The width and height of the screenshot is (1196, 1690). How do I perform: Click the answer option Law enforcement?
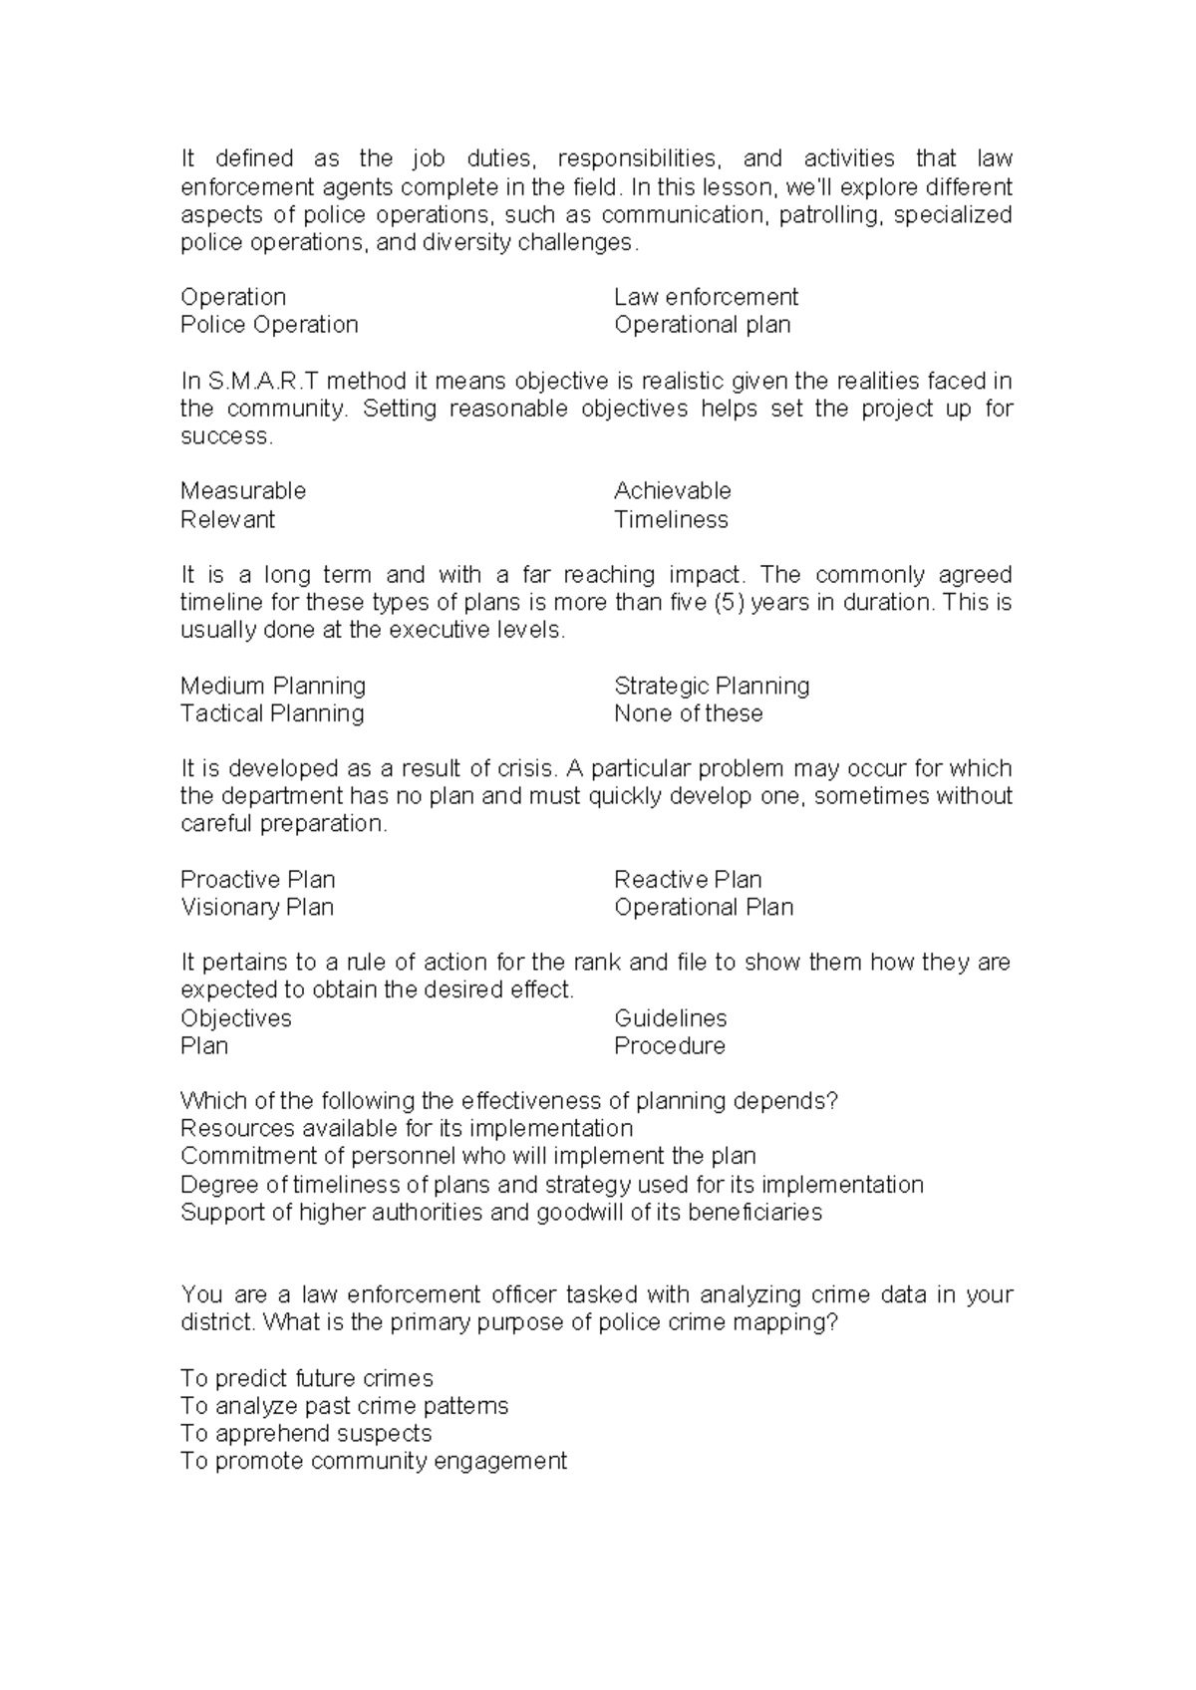coord(706,297)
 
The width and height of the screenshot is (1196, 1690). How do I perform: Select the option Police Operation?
coord(269,325)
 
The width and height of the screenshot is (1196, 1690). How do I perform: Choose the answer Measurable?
coord(243,491)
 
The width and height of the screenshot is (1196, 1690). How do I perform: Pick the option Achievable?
coord(673,491)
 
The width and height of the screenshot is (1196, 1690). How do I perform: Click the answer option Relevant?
coord(227,519)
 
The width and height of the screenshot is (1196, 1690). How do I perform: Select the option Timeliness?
coord(671,519)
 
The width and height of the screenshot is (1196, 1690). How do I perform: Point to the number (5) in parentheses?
coord(730,603)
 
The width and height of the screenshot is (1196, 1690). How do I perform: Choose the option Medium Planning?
coord(273,686)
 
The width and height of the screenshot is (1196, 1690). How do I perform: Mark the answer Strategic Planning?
coord(712,686)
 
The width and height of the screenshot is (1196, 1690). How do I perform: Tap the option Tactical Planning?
coord(272,713)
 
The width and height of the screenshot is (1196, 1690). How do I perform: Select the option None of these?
coord(688,713)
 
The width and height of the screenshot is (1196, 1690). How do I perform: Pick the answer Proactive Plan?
coord(257,880)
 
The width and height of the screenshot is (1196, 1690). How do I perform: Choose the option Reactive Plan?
coord(688,880)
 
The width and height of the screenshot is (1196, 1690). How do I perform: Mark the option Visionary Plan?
coord(257,908)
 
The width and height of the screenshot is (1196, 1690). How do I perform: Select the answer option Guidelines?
coord(670,1018)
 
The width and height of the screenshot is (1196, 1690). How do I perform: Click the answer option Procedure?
coord(669,1046)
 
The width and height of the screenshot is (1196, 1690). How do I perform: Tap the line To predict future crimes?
coord(307,1379)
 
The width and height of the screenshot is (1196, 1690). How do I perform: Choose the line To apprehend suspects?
coord(306,1434)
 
